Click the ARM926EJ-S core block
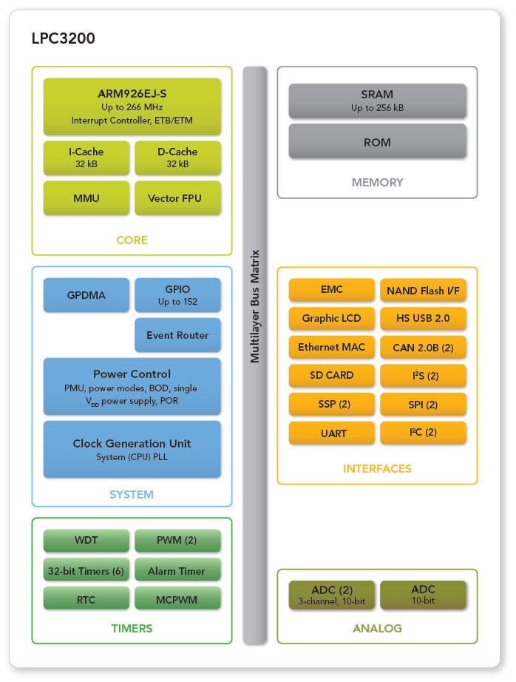(x=132, y=107)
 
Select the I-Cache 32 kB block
(x=86, y=157)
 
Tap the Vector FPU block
(x=177, y=198)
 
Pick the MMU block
(x=86, y=198)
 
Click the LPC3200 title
(x=63, y=38)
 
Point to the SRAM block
(x=377, y=101)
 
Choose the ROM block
(x=377, y=142)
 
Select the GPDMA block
(x=86, y=295)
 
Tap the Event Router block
(x=177, y=335)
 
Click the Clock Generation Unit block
(x=132, y=449)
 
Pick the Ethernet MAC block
(x=331, y=347)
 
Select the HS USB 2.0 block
(x=423, y=319)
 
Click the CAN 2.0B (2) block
(x=423, y=347)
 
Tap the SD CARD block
(x=331, y=375)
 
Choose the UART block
(x=331, y=433)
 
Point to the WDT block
(x=86, y=541)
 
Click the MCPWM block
(x=177, y=599)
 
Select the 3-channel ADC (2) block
(x=331, y=595)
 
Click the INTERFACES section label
(x=377, y=468)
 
